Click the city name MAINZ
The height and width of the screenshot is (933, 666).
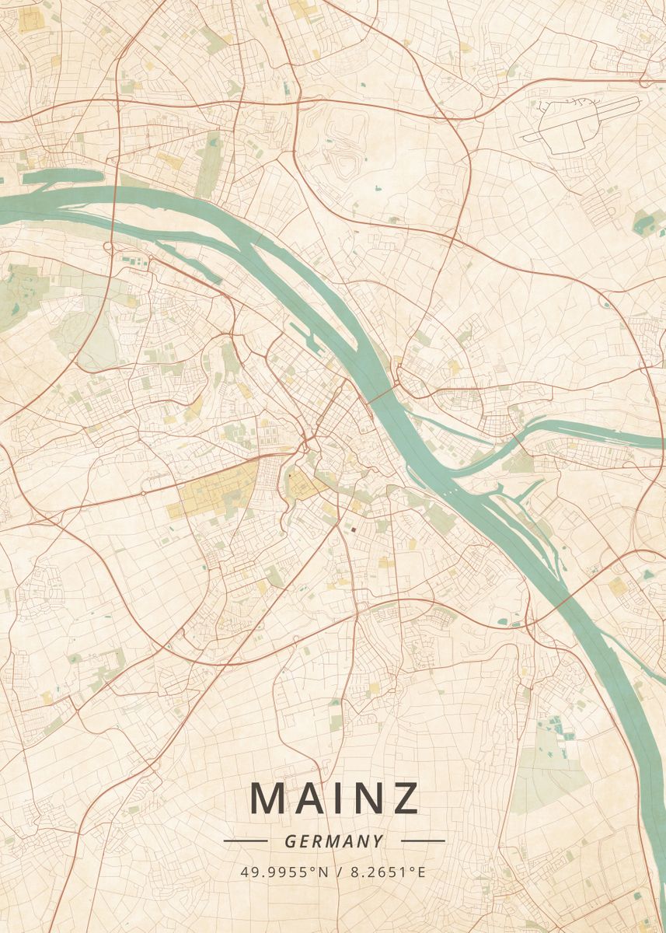tap(334, 798)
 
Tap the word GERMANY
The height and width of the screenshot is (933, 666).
tap(334, 841)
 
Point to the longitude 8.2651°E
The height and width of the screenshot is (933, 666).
tap(388, 872)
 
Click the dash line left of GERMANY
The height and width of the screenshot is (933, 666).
tap(246, 840)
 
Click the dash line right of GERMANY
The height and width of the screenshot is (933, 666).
tap(423, 840)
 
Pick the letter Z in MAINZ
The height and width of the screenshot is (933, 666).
tap(404, 798)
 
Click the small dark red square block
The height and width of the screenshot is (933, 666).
tap(352, 529)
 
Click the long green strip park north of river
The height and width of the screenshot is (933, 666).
tap(208, 163)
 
